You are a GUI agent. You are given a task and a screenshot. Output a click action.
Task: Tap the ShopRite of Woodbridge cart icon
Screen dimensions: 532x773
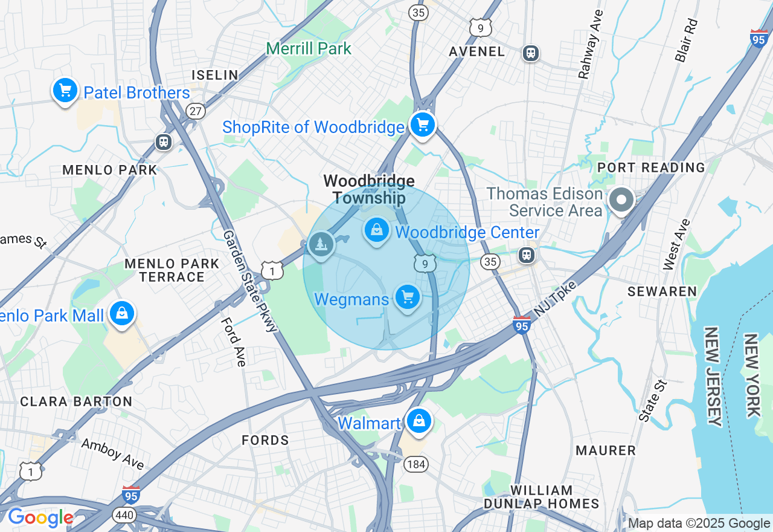pyautogui.click(x=423, y=125)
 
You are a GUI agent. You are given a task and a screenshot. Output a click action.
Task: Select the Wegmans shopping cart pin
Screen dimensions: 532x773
pyautogui.click(x=408, y=297)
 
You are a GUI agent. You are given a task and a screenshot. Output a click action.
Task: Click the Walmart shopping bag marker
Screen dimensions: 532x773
pyautogui.click(x=419, y=421)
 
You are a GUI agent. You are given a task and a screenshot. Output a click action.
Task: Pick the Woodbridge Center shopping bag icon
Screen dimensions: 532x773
pyautogui.click(x=377, y=230)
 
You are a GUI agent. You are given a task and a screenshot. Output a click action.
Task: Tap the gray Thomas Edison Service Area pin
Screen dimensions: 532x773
pyautogui.click(x=621, y=200)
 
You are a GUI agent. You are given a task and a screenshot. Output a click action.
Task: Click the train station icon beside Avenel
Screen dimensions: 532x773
pyautogui.click(x=531, y=53)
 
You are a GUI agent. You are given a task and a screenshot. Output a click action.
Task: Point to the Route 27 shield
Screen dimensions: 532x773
pyautogui.click(x=196, y=111)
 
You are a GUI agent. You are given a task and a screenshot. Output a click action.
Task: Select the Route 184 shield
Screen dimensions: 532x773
pyautogui.click(x=415, y=464)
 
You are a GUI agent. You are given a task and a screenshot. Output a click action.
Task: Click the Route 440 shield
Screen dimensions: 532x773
pyautogui.click(x=124, y=514)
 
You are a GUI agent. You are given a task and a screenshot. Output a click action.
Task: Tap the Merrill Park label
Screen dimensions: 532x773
pyautogui.click(x=309, y=48)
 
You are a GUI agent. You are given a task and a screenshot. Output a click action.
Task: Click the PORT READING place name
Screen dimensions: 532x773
pyautogui.click(x=651, y=167)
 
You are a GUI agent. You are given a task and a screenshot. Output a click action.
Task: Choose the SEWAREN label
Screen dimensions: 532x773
pyautogui.click(x=662, y=291)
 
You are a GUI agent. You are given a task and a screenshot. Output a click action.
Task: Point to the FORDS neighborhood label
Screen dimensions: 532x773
pyautogui.click(x=265, y=440)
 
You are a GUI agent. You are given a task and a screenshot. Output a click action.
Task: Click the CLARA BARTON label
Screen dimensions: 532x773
pyautogui.click(x=76, y=401)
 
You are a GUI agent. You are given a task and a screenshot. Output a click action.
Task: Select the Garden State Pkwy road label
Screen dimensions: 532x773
pyautogui.click(x=249, y=281)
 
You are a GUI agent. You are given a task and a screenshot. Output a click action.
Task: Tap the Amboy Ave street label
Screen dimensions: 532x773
pyautogui.click(x=113, y=453)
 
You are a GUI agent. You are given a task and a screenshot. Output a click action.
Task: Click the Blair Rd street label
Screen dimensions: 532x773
pyautogui.click(x=687, y=40)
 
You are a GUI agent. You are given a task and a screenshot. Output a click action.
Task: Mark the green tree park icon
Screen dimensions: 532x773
pyautogui.click(x=321, y=245)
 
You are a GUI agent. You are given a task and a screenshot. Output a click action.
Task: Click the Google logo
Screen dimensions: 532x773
pyautogui.click(x=40, y=517)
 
